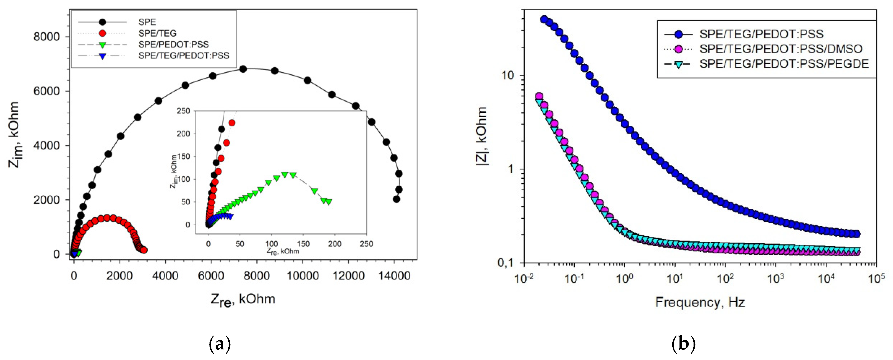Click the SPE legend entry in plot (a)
147,22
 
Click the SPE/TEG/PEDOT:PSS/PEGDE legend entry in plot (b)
784,64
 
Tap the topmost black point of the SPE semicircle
243,69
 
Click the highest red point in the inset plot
232,123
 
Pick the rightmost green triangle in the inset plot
329,202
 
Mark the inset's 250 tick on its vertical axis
183,111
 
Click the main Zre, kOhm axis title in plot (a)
243,299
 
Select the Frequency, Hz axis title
700,302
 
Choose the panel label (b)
683,344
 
